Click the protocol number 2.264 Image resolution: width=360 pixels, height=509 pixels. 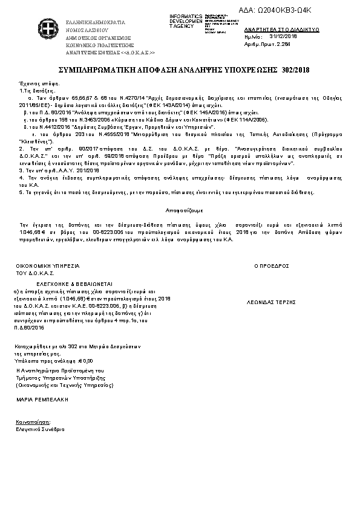(283, 44)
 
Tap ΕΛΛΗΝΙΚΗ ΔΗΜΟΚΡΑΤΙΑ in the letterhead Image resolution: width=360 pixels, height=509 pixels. (95, 22)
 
